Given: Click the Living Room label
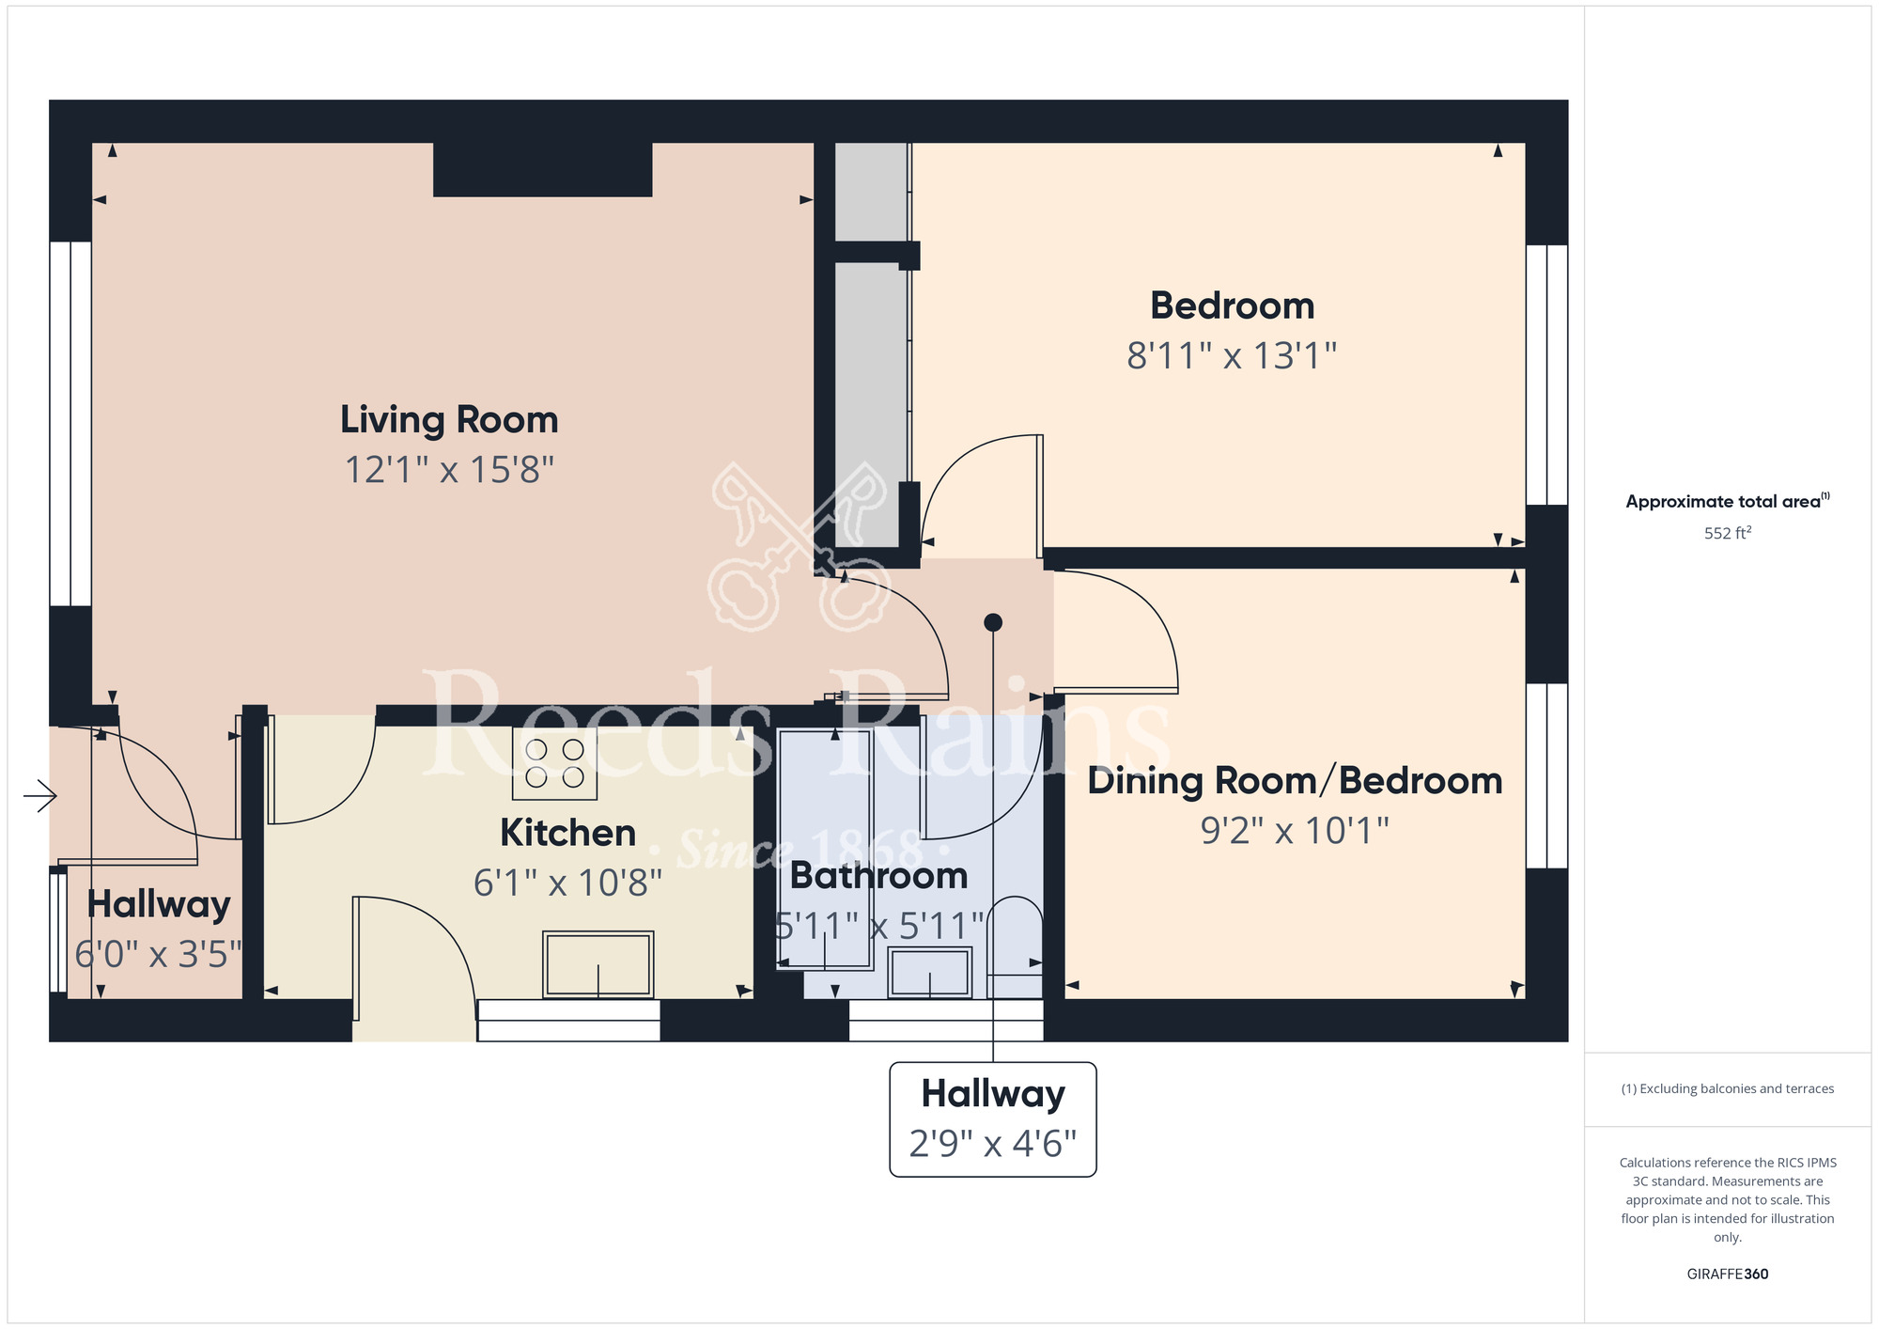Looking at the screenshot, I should tap(449, 420).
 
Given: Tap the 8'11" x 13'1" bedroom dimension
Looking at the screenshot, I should tap(1232, 356).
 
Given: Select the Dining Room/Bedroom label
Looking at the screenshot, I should tap(1295, 781).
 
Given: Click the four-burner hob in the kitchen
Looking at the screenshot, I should tap(554, 763).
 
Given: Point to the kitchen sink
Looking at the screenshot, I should tap(598, 964).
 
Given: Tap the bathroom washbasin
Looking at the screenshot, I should tap(929, 972).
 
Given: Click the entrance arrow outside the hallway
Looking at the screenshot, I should tap(39, 796).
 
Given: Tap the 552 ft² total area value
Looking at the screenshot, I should tap(1727, 533).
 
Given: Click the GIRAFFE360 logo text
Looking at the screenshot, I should tap(1727, 1274).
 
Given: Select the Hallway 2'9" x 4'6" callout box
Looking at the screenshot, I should tap(992, 1119).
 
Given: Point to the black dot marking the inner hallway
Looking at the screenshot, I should tap(993, 622).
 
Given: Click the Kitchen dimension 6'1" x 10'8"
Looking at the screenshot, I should tap(567, 883).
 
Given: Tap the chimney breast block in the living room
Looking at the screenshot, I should tap(542, 170).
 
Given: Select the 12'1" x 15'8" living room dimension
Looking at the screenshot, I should tap(449, 470).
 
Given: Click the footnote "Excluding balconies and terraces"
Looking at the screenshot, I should tap(1727, 1088).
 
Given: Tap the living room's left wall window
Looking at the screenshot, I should tap(70, 423).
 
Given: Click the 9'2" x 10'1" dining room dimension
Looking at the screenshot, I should tap(1295, 831).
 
